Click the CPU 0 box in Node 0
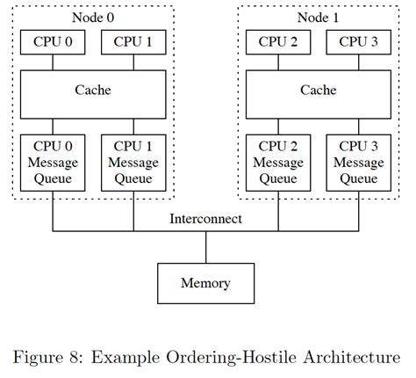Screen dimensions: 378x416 pos(52,41)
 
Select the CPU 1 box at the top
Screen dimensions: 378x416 pos(133,41)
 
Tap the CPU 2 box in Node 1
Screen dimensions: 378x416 pos(278,41)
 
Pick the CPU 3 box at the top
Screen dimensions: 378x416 pos(359,41)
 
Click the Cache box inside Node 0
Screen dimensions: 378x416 pos(92,91)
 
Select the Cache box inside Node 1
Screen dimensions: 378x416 pos(319,91)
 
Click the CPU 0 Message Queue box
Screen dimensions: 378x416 pos(52,163)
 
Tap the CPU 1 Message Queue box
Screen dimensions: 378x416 pos(133,163)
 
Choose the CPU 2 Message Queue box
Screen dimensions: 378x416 pos(278,163)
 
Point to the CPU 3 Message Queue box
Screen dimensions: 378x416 pos(359,163)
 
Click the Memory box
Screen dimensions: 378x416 pos(206,283)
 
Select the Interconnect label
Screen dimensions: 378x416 pos(206,219)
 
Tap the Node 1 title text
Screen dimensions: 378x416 pos(319,16)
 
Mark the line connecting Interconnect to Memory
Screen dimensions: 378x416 pos(206,247)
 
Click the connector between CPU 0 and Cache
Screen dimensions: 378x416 pos(52,62)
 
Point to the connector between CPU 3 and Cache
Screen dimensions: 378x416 pos(359,62)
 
